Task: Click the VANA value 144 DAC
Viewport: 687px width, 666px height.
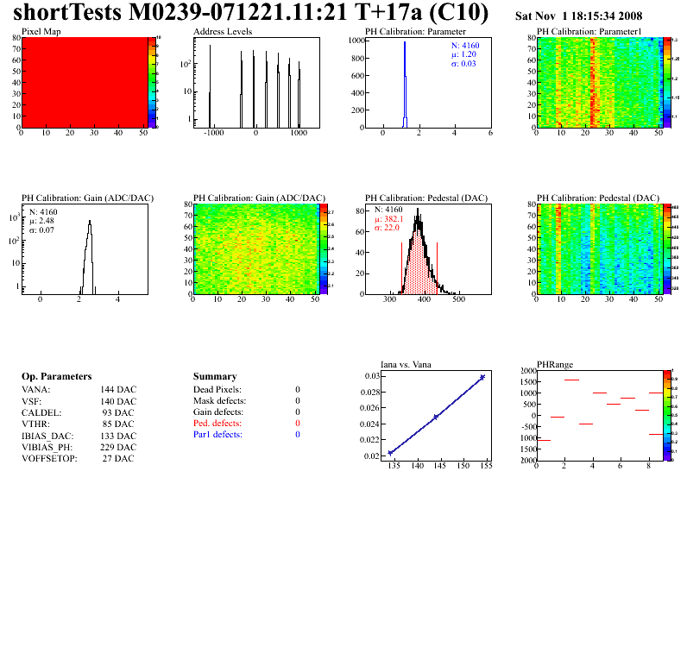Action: [x=118, y=390]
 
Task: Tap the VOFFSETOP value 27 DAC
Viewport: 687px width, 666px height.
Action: [x=118, y=458]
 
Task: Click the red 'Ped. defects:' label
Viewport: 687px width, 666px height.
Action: [x=217, y=424]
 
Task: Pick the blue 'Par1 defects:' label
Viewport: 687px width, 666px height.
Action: [x=217, y=435]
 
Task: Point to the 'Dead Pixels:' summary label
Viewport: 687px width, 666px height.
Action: [x=217, y=390]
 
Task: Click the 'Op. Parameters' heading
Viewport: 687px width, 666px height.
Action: [x=56, y=377]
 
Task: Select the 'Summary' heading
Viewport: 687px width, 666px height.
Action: [x=215, y=377]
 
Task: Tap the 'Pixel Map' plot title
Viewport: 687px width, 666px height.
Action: [x=41, y=31]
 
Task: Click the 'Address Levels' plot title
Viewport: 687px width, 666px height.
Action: [x=223, y=31]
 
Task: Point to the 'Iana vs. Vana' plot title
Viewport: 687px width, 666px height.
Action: [x=407, y=364]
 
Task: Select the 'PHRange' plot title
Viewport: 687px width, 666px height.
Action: [x=555, y=364]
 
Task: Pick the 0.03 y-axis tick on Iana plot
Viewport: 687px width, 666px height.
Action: [x=371, y=376]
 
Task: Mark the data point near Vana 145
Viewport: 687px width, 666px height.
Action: [x=436, y=417]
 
